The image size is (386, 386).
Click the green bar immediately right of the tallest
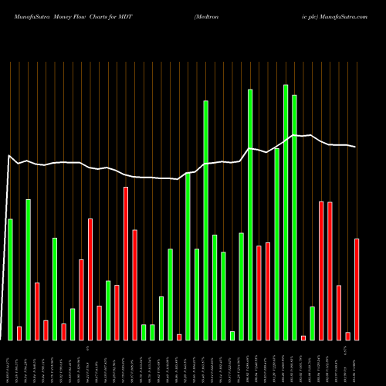(294, 217)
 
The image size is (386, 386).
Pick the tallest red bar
(126, 263)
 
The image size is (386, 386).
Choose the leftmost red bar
(19, 333)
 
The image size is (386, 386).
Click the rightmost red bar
(357, 289)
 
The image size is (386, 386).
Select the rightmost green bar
(313, 323)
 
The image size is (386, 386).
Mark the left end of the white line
(9, 157)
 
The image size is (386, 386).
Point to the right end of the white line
(356, 147)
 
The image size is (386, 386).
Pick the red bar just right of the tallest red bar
(134, 284)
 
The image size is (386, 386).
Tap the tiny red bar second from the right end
(348, 336)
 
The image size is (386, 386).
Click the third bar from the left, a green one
(29, 269)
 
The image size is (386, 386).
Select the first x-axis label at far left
(9, 363)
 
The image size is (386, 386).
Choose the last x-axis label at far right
(356, 363)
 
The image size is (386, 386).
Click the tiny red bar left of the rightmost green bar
(303, 337)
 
